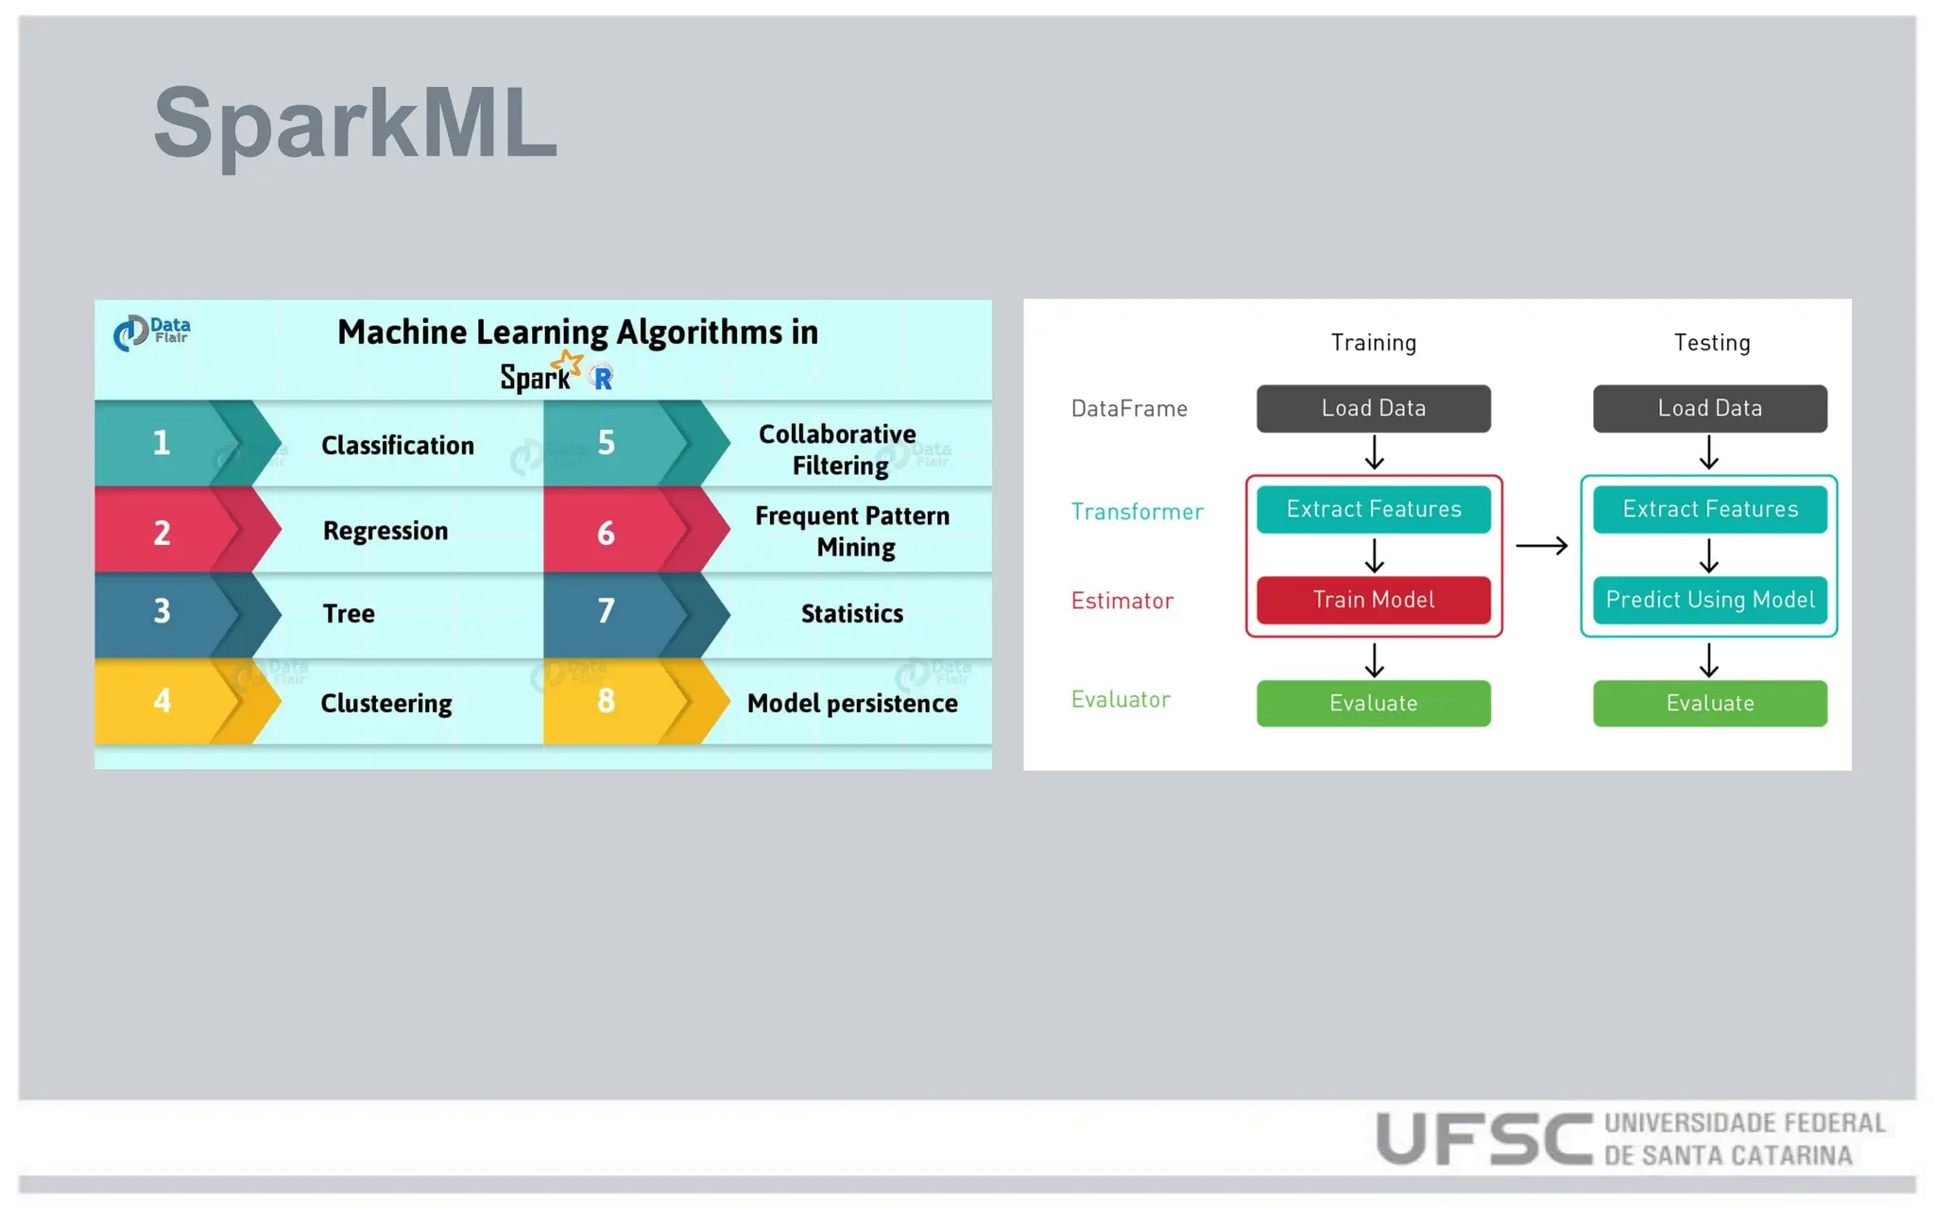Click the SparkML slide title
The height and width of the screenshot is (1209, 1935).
pos(355,124)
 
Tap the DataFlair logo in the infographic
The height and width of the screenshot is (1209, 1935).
pos(152,332)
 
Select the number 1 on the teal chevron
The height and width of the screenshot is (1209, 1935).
pos(162,443)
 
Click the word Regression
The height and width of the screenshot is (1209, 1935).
pos(385,531)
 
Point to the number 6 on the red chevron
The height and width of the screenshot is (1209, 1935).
pos(606,533)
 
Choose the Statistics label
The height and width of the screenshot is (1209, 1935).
pos(851,614)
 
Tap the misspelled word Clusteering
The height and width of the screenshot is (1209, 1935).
pos(385,704)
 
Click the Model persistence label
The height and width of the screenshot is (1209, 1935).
pos(851,704)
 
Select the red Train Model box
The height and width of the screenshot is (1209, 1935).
pos(1373,601)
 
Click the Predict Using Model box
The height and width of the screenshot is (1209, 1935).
pos(1709,601)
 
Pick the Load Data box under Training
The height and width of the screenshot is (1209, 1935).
pos(1373,409)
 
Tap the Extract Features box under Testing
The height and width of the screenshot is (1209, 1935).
pos(1709,510)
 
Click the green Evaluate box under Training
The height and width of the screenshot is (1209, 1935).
pos(1373,704)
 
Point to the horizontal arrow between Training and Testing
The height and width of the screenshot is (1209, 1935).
pos(1541,546)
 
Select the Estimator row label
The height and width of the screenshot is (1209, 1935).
pos(1122,601)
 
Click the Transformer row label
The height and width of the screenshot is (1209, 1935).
pos(1137,512)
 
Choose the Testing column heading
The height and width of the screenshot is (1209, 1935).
pos(1711,343)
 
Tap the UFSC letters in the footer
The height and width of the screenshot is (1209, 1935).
pos(1483,1138)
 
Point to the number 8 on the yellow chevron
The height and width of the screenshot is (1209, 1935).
pos(606,701)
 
